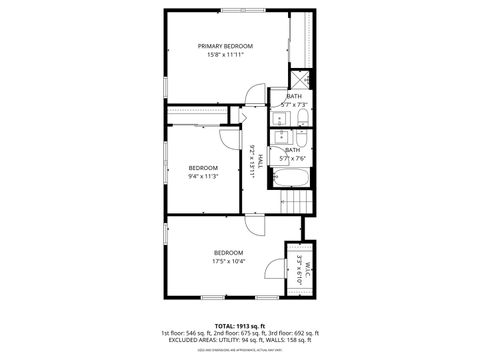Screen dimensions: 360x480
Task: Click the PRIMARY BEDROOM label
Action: [225, 46]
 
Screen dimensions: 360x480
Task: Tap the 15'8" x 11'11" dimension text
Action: [225, 55]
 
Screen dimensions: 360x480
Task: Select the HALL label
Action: [259, 161]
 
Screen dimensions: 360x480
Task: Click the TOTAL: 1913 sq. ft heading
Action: [239, 325]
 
